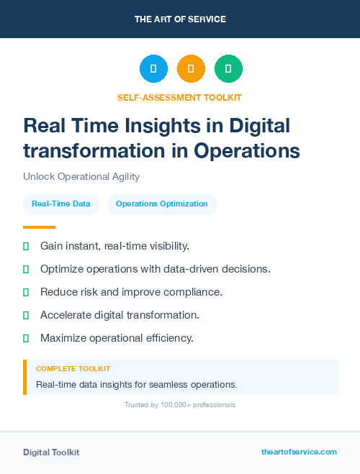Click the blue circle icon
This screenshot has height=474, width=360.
153,69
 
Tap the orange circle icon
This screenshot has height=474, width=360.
191,69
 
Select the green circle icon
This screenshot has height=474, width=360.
228,69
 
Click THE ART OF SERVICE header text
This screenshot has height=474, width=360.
180,19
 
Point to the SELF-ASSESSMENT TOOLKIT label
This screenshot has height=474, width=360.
179,97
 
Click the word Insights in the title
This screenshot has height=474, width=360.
178,126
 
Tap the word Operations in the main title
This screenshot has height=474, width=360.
246,150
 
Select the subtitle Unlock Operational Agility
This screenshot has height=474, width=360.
81,176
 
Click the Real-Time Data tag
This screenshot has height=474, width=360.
61,204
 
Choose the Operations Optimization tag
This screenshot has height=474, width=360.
162,204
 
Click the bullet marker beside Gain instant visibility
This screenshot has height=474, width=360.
26,246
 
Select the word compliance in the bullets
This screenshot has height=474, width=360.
197,292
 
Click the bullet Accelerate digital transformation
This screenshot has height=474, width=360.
120,315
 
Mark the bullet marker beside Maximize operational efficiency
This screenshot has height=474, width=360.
26,338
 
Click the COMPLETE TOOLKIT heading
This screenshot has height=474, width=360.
73,369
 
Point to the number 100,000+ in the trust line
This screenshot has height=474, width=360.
166,405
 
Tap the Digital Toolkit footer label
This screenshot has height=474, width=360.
51,452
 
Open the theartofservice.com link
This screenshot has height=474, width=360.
299,452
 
